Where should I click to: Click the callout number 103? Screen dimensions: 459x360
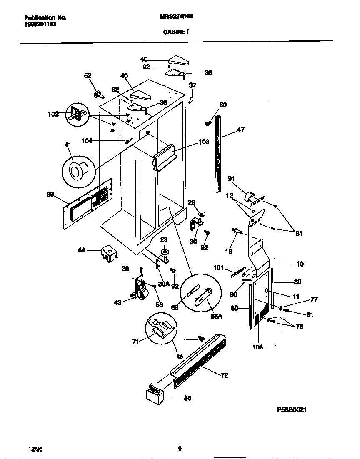click(x=203, y=142)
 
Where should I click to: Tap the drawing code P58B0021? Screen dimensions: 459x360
click(x=292, y=409)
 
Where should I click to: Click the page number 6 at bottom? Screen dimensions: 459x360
click(x=180, y=448)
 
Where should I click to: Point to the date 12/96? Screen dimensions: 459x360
click(x=35, y=449)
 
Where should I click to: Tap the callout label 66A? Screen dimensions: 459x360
click(x=217, y=316)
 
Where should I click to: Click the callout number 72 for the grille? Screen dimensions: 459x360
click(x=224, y=375)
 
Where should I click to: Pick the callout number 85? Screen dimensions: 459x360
click(x=187, y=398)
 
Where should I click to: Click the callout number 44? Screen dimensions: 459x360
click(x=81, y=250)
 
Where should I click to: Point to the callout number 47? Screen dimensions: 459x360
click(x=241, y=130)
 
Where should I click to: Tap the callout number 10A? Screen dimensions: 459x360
click(x=258, y=346)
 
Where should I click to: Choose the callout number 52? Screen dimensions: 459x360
click(x=87, y=75)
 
